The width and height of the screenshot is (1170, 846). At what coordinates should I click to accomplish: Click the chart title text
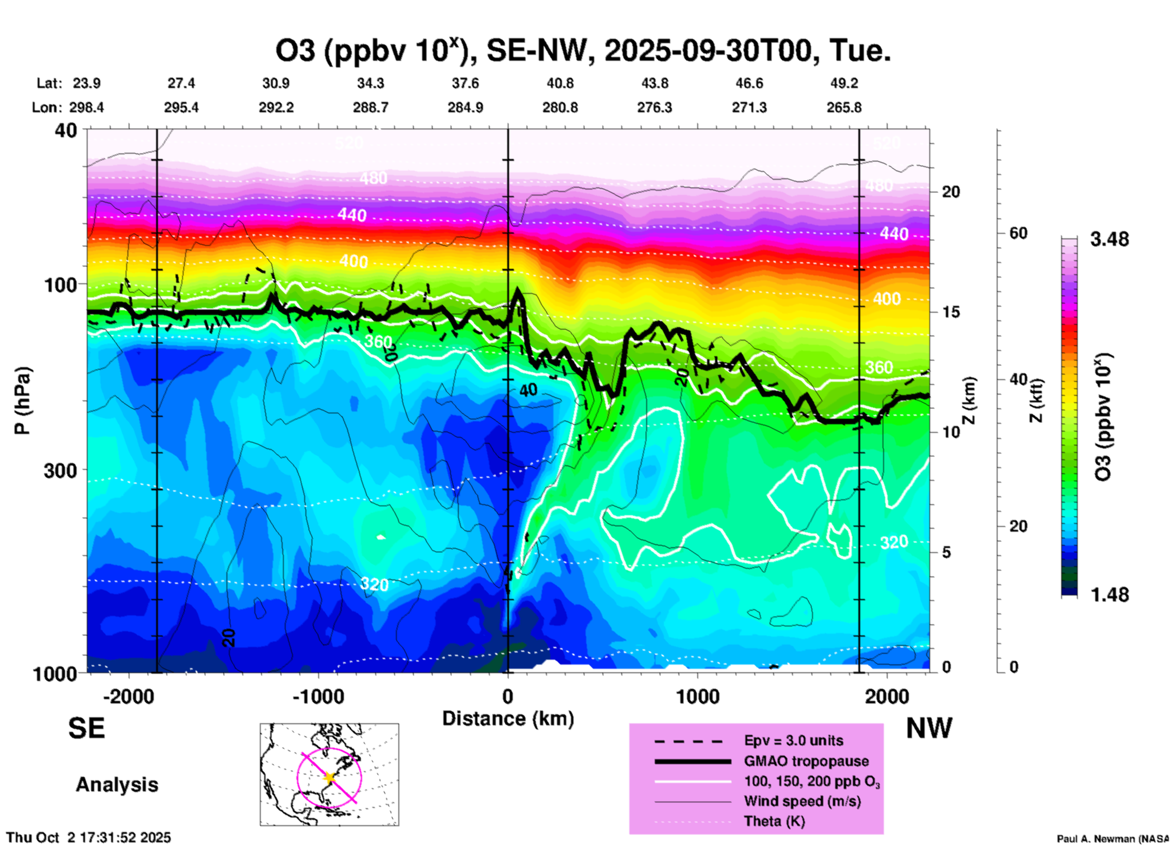[x=583, y=50]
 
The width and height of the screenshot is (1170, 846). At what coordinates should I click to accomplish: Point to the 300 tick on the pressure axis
[x=60, y=470]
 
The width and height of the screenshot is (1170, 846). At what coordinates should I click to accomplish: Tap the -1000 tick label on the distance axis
[x=318, y=696]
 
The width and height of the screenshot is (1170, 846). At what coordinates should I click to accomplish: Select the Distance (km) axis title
[x=508, y=719]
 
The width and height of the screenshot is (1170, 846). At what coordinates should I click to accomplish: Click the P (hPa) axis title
[x=22, y=401]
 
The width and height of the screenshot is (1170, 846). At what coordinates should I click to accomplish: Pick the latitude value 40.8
[x=559, y=83]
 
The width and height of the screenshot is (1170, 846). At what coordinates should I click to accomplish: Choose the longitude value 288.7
[x=371, y=107]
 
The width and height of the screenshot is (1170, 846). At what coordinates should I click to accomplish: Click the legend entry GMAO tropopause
[x=806, y=761]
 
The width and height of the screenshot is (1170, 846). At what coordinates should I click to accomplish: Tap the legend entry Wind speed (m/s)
[x=802, y=801]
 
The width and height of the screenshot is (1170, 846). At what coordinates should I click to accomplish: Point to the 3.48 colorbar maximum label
[x=1109, y=239]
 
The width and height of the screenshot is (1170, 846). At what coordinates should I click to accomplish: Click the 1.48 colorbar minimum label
[x=1109, y=595]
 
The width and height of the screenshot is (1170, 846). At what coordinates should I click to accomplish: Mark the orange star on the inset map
[x=330, y=777]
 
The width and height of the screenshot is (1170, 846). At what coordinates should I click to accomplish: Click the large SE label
[x=87, y=728]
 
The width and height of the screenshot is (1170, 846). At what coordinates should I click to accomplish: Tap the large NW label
[x=929, y=728]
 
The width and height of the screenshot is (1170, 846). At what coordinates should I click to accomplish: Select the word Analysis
[x=117, y=785]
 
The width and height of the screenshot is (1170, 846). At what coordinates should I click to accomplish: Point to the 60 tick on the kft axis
[x=1018, y=233]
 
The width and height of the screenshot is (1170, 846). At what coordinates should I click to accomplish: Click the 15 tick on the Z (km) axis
[x=951, y=312]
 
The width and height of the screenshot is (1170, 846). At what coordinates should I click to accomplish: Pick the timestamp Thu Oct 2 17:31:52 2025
[x=89, y=838]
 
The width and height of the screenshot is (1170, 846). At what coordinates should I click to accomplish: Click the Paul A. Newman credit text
[x=1112, y=839]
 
